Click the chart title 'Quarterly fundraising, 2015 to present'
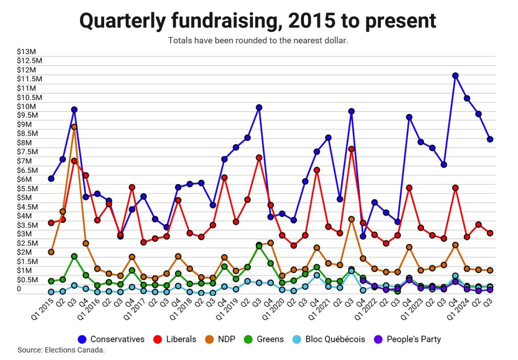pos(258,21)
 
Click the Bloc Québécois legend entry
pos(329,339)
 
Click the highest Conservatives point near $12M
pos(455,76)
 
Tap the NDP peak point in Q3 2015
pos(74,127)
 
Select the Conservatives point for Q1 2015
pos(51,178)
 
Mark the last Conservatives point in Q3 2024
pos(490,139)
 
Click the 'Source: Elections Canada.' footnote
pos(61,350)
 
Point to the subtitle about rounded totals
pos(258,40)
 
